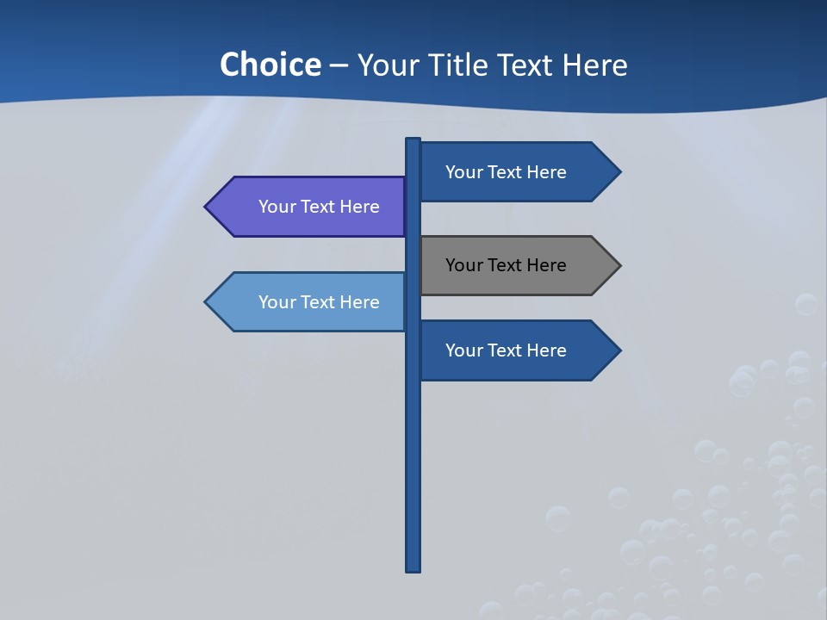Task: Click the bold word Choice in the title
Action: point(270,65)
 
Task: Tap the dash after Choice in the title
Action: point(339,65)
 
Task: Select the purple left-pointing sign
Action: point(310,207)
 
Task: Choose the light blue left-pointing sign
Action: point(310,302)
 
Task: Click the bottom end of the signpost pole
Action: point(413,568)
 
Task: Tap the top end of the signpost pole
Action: point(413,140)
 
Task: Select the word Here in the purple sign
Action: point(359,207)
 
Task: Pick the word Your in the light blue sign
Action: point(276,302)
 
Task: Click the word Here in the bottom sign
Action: point(546,350)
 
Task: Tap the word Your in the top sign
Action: point(463,172)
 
